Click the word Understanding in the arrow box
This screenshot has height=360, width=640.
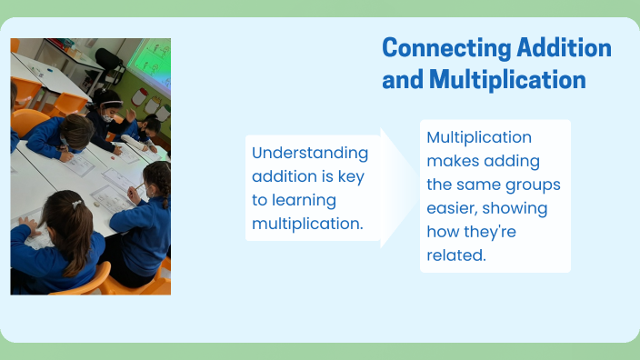pos(310,153)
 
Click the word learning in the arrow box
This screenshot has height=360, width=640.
pos(304,200)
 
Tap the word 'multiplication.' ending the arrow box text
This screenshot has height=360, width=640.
pos(307,224)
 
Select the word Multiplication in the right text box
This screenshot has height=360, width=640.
pos(479,137)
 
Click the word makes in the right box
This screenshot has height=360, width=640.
pos(452,161)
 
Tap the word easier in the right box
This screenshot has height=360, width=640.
pos(452,208)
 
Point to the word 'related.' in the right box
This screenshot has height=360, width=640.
pos(456,255)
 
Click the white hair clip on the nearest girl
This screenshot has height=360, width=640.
pos(77,204)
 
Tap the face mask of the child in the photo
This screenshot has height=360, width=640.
pos(107,117)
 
